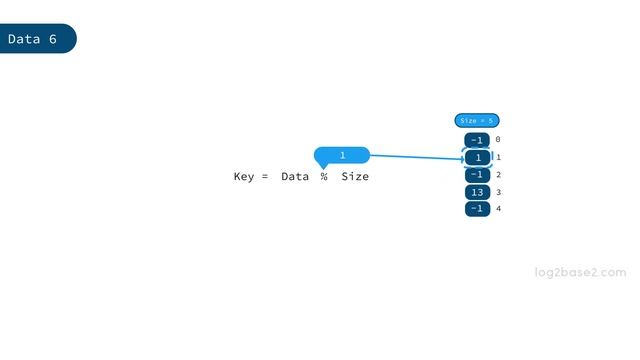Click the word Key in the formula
point(244,177)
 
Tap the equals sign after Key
point(265,177)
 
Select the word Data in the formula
point(295,177)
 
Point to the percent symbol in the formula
point(324,177)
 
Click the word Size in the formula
point(355,177)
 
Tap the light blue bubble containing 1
point(342,155)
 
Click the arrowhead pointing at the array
point(460,158)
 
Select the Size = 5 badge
point(477,121)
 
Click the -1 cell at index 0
point(477,141)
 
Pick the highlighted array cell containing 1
point(478,158)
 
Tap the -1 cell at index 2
point(477,175)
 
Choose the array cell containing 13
point(477,192)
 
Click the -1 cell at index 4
point(477,209)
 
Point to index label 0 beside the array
point(498,141)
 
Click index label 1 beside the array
point(498,158)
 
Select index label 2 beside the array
point(498,175)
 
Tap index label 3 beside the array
point(498,192)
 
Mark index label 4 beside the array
point(498,209)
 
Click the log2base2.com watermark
point(580,272)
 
